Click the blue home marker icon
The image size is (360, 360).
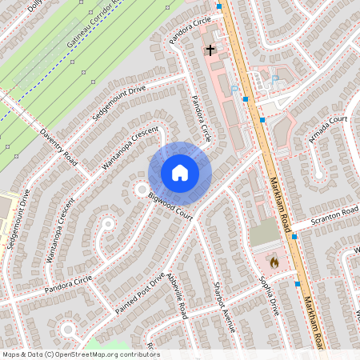(x=180, y=173)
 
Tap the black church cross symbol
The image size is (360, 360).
(x=210, y=50)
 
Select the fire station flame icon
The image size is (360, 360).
(x=274, y=262)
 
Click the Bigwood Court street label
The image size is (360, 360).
(x=170, y=205)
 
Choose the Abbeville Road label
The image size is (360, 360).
(x=177, y=296)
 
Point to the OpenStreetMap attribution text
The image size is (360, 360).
(x=81, y=354)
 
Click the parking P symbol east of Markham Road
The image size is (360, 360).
(x=274, y=78)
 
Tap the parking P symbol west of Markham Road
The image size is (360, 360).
(x=234, y=89)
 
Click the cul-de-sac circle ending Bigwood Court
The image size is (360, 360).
(x=142, y=190)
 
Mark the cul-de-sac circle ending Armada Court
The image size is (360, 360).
(x=318, y=173)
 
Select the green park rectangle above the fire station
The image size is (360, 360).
(x=264, y=234)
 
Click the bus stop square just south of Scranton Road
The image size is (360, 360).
(x=294, y=237)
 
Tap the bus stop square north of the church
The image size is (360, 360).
(x=219, y=6)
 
